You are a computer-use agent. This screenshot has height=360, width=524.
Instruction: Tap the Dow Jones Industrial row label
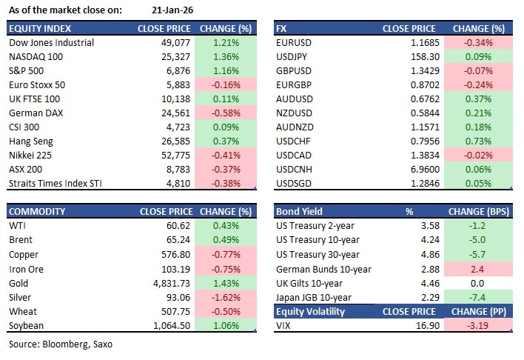[51, 43]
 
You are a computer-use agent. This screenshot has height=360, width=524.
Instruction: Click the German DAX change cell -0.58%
[226, 113]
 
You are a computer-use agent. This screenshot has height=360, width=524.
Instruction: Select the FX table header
[281, 29]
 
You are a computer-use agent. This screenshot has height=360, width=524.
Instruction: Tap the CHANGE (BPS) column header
[478, 211]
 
